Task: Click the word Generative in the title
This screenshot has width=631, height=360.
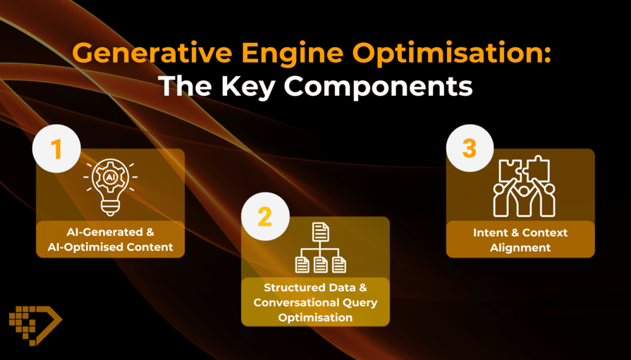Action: (152, 52)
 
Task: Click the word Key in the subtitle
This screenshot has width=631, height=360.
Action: (248, 86)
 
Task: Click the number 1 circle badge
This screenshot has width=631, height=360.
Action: (56, 149)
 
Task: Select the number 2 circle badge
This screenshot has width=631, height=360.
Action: (265, 217)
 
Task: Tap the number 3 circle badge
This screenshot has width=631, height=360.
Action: (470, 148)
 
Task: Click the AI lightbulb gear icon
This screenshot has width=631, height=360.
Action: (110, 186)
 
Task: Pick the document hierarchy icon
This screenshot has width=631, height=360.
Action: (320, 248)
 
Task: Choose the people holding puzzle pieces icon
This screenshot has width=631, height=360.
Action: (524, 187)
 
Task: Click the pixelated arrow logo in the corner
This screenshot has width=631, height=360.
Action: (35, 325)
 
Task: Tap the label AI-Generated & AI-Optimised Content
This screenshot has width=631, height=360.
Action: (110, 240)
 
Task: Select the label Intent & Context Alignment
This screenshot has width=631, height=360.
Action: (520, 240)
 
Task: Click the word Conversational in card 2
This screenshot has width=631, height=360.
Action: (296, 302)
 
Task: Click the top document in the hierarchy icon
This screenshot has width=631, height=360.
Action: (321, 232)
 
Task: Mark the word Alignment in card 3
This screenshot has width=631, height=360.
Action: (520, 248)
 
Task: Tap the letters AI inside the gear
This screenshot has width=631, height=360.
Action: (110, 178)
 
